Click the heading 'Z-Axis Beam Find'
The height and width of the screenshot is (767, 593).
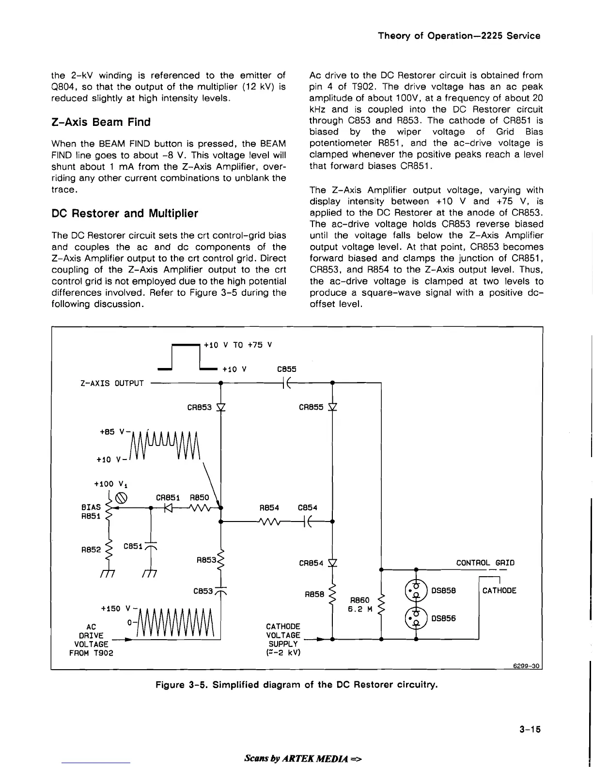click(x=101, y=122)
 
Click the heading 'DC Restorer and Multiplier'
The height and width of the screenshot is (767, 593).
click(x=125, y=214)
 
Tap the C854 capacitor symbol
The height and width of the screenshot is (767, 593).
click(x=311, y=522)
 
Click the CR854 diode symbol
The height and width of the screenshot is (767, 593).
click(x=333, y=563)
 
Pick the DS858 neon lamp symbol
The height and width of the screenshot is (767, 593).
click(x=416, y=591)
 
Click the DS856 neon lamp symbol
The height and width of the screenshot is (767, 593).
click(x=416, y=618)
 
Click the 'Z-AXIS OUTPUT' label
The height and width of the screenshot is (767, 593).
click(x=112, y=383)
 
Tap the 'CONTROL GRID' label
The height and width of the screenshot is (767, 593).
click(x=485, y=563)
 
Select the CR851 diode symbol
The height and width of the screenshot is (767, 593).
click(x=168, y=508)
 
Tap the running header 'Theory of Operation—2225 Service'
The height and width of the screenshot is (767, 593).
click(x=459, y=36)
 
